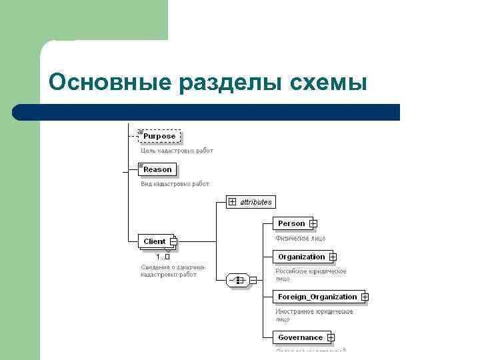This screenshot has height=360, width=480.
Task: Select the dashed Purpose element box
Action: pyautogui.click(x=159, y=136)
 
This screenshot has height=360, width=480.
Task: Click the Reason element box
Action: pyautogui.click(x=157, y=169)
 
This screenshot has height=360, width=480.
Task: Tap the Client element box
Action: pyautogui.click(x=155, y=241)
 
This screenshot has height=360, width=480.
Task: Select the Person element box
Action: pyautogui.click(x=291, y=223)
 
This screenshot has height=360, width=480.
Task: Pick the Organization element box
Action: pyautogui.click(x=301, y=257)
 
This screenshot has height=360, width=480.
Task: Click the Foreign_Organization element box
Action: pyautogui.click(x=317, y=297)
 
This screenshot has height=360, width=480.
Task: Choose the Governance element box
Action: pyautogui.click(x=300, y=337)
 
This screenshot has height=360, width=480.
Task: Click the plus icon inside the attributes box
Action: pyautogui.click(x=232, y=201)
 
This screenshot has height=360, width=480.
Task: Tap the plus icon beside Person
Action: pyautogui.click(x=313, y=223)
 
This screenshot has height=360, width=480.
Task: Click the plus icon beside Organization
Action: pyautogui.click(x=333, y=257)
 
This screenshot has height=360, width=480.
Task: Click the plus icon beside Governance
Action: pyautogui.click(x=331, y=337)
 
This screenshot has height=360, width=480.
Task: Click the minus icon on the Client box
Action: pyautogui.click(x=173, y=241)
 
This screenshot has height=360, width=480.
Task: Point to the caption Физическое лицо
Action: pyautogui.click(x=301, y=237)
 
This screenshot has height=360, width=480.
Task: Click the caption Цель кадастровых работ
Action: pyautogui.click(x=177, y=151)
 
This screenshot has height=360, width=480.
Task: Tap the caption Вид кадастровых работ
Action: pyautogui.click(x=175, y=184)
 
